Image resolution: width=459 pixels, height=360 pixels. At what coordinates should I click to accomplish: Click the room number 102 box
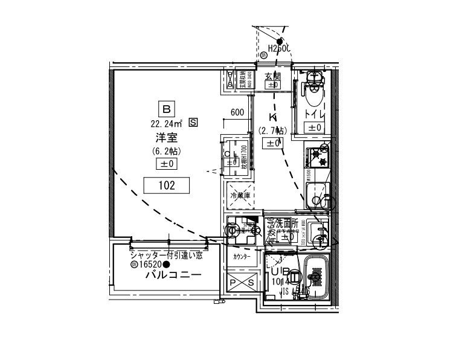pos(167,186)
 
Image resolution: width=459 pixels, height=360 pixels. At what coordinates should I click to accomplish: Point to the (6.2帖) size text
pos(167,151)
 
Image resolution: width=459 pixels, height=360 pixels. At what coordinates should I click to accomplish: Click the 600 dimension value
pos(237,112)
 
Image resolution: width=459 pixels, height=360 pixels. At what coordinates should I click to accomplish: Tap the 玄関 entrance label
pos(273,76)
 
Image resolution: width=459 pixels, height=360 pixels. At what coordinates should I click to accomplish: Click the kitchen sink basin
pos(316,196)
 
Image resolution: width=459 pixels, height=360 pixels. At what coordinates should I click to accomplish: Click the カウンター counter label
pos(242,256)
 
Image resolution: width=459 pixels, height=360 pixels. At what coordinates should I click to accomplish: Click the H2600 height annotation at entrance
pos(279,48)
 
